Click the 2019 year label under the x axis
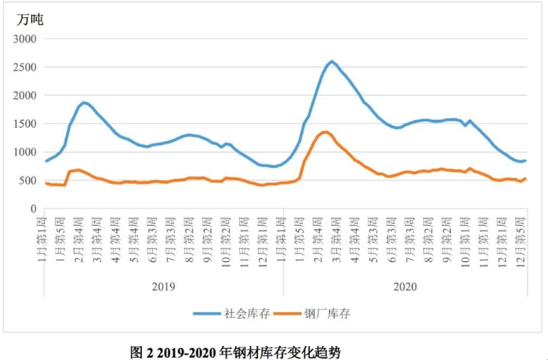164,288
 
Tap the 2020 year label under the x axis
405,288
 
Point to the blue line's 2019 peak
84,102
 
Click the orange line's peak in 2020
325,132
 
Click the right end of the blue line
525,161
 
